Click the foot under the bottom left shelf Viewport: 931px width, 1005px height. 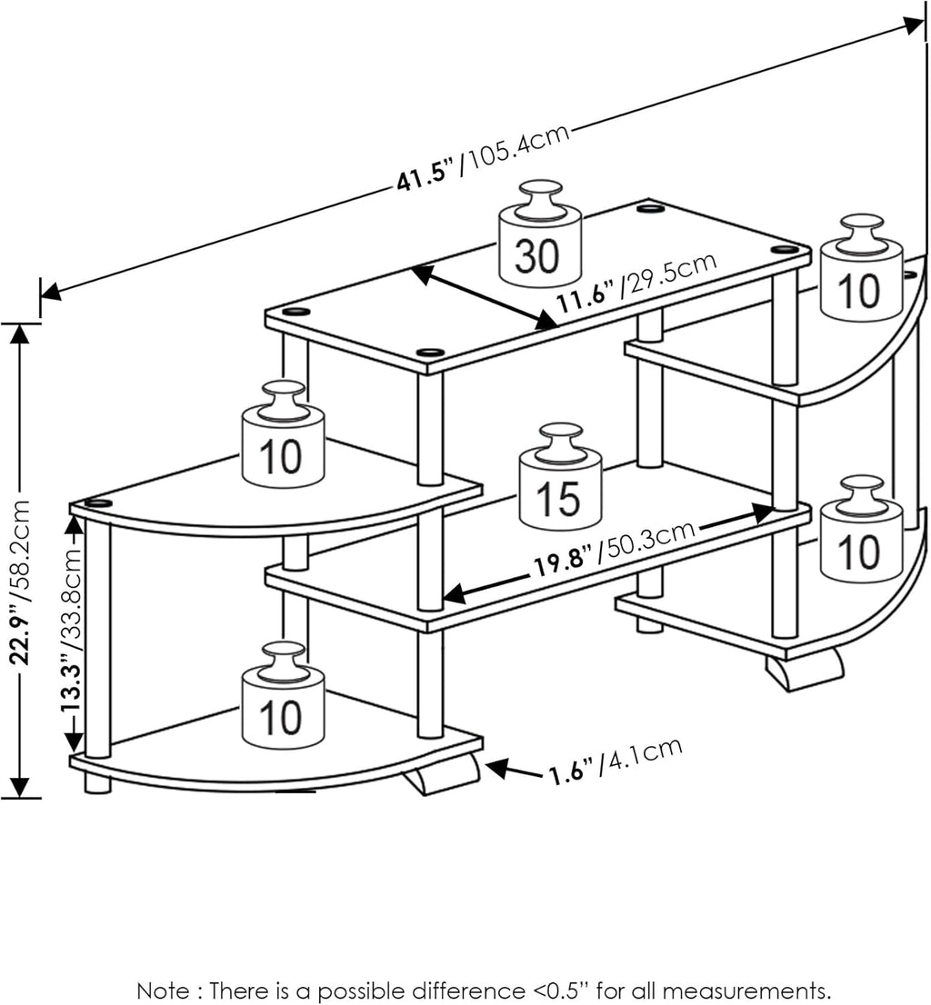[443, 775]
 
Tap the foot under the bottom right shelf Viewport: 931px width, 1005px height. [804, 671]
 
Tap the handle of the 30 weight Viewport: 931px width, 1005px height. [540, 198]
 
